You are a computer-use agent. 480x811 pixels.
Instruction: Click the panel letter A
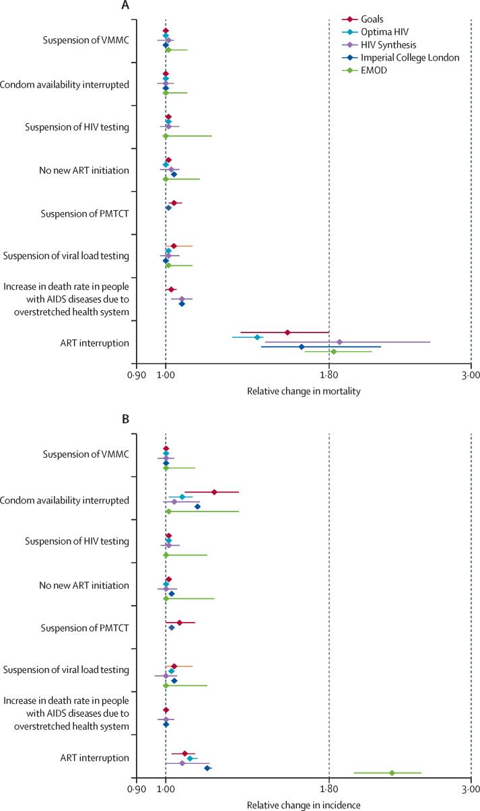(x=125, y=6)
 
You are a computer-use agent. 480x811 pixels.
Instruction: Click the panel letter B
(x=125, y=419)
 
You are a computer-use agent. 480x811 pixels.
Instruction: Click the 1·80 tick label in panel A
(x=329, y=375)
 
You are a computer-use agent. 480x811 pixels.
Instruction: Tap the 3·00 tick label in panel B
(x=471, y=789)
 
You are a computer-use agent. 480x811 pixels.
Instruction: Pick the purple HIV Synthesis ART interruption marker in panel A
(x=339, y=342)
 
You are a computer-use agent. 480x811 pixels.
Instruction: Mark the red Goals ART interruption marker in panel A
(x=287, y=332)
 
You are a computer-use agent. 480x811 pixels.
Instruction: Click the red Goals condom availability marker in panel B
(x=214, y=492)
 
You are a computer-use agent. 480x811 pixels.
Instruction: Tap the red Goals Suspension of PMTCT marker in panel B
(x=179, y=623)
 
